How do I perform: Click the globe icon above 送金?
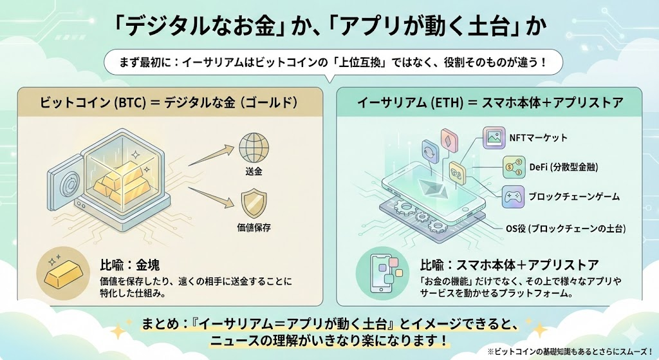click(254, 148)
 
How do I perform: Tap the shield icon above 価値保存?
click(254, 204)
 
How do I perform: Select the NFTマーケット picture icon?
click(496, 138)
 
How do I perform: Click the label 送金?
click(254, 173)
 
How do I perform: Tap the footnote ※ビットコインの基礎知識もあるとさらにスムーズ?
click(570, 352)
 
